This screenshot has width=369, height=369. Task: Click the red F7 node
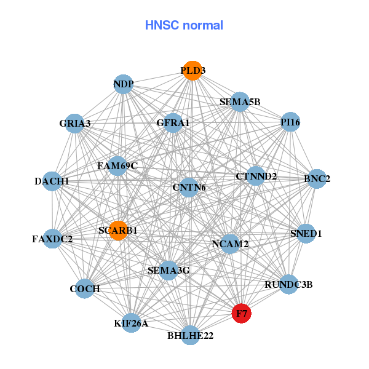[x=241, y=313]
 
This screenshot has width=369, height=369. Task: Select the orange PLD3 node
[x=192, y=70]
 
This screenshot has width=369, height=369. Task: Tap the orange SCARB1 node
[x=117, y=230]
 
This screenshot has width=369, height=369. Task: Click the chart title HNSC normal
[x=184, y=25]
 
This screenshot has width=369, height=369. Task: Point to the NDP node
[x=124, y=84]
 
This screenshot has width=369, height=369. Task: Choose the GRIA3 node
[x=75, y=123]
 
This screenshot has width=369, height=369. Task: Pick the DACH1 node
[x=52, y=181]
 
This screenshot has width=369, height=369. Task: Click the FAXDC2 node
[x=52, y=238]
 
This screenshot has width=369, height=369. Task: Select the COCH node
[x=85, y=288]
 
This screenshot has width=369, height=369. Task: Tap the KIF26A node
[x=131, y=322]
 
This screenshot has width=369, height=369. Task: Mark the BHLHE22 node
[x=191, y=335]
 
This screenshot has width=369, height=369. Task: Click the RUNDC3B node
[x=289, y=284]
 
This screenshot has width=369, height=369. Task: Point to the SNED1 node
[x=306, y=233]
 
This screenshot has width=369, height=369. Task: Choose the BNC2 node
[x=317, y=179]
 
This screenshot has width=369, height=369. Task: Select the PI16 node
[x=290, y=122]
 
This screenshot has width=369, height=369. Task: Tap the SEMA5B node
[x=240, y=101]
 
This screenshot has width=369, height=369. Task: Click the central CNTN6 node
[x=189, y=187]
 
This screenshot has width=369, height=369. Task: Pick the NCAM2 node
[x=230, y=244]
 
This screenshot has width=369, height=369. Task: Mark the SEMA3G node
[x=169, y=270]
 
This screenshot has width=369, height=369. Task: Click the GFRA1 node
[x=173, y=122]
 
